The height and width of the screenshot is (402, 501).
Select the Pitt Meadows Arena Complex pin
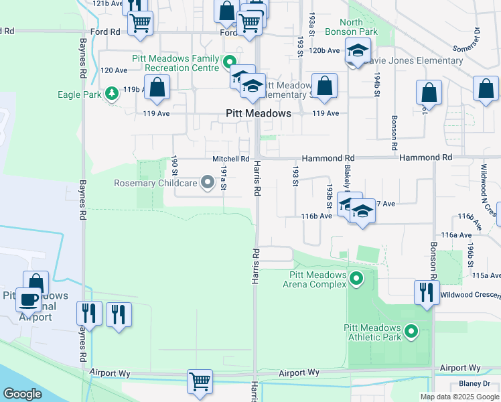[356, 277]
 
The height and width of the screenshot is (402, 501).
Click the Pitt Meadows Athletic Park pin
[411, 330]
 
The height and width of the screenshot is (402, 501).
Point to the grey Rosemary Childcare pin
[207, 180]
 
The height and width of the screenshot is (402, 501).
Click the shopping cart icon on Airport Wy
[200, 382]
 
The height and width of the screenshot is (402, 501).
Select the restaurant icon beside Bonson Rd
[426, 291]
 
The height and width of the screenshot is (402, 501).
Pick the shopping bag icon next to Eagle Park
[157, 87]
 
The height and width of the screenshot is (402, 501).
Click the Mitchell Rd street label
[230, 159]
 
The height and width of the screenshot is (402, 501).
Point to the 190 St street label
[174, 165]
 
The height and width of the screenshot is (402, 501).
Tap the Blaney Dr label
[475, 384]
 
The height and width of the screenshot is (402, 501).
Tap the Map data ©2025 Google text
[459, 397]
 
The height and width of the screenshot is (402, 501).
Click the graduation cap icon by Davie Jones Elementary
[358, 50]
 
